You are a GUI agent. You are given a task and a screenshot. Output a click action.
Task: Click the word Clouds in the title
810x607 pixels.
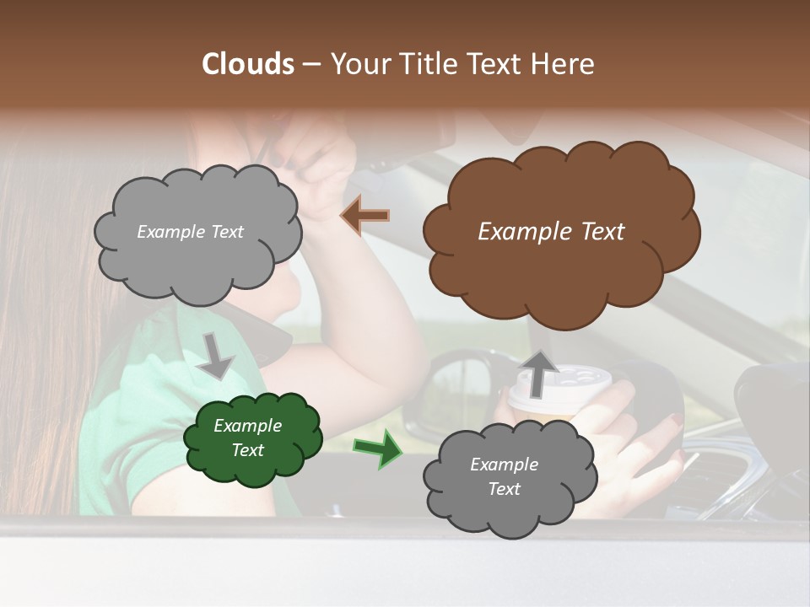[x=248, y=64]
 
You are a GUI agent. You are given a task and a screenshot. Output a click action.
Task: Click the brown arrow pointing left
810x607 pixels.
[x=365, y=216]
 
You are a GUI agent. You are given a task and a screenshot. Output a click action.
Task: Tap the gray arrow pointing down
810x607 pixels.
[x=216, y=355]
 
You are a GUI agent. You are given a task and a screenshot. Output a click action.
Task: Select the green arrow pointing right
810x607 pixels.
[x=376, y=451]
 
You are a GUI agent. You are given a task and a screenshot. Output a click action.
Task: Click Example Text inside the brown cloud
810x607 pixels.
[x=551, y=232]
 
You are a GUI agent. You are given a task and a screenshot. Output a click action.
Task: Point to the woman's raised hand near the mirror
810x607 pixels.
[x=325, y=169]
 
